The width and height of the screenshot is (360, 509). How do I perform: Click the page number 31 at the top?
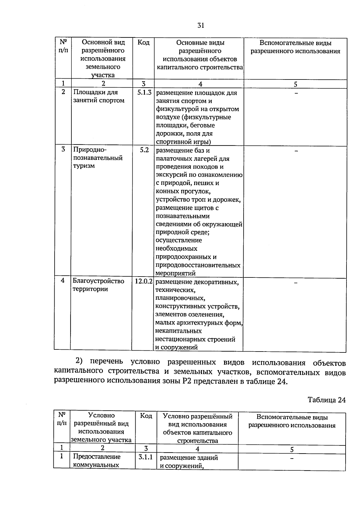click(x=201, y=25)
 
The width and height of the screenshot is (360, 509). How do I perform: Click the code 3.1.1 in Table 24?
click(x=145, y=457)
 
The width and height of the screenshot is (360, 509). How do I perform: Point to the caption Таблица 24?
click(x=326, y=400)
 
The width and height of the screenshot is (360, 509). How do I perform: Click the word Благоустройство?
click(x=98, y=281)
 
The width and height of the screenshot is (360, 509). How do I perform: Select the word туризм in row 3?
click(x=84, y=166)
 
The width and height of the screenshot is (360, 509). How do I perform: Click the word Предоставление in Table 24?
click(x=97, y=457)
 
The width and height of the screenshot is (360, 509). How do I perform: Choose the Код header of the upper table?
click(x=143, y=43)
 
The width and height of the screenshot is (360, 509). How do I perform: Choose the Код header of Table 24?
click(x=146, y=416)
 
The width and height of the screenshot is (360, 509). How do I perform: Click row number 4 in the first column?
click(x=63, y=281)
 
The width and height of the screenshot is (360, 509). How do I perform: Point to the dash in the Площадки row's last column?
click(x=296, y=94)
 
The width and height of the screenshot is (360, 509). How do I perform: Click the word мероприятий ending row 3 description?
click(x=175, y=273)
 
